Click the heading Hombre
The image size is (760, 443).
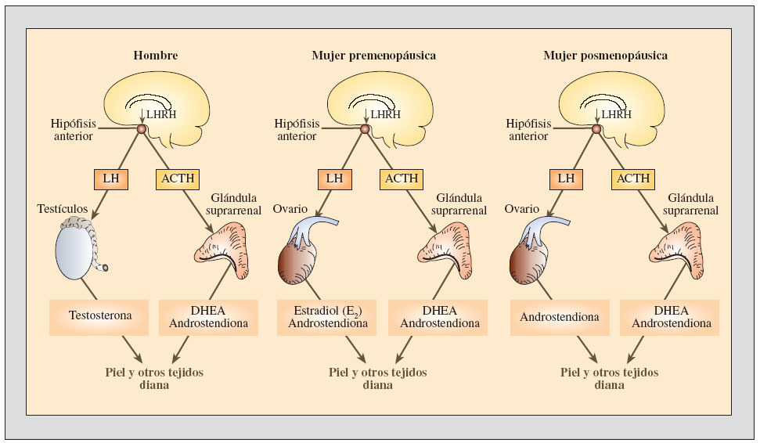[155, 56]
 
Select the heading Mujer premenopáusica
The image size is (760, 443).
[373, 56]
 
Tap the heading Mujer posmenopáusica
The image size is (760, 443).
[605, 56]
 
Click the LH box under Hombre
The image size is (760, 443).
[108, 178]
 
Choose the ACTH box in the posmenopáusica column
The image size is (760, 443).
[632, 178]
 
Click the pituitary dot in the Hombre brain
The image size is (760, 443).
[142, 129]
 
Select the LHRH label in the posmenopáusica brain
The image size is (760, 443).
[616, 114]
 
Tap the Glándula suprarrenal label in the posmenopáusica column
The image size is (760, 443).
[691, 204]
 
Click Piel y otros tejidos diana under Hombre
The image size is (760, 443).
[154, 379]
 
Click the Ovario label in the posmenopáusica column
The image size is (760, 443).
[521, 209]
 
